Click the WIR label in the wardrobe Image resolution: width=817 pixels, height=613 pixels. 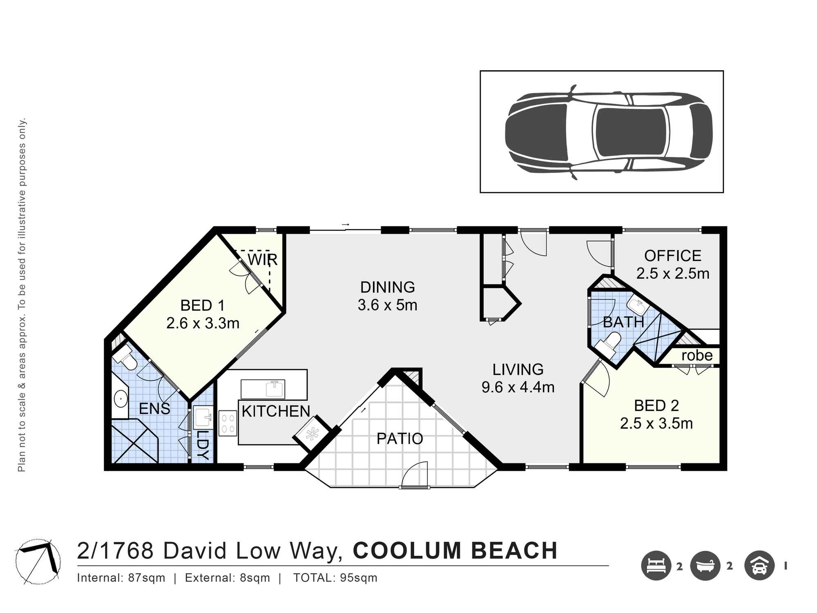262,260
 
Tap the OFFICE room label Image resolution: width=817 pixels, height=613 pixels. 672,256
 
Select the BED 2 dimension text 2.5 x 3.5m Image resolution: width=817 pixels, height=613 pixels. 656,423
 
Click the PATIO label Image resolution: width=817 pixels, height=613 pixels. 400,438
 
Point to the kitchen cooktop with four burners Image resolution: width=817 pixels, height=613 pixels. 228,423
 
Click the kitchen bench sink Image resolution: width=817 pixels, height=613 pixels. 275,389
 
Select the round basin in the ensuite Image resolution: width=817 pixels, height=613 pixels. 121,399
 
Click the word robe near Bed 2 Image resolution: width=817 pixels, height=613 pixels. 697,356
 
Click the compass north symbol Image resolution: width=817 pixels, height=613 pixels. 38,561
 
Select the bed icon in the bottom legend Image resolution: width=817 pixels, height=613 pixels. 656,566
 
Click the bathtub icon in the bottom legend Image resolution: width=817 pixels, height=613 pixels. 705,566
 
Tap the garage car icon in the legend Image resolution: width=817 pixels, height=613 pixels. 759,566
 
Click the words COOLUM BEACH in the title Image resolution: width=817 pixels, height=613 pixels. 455,550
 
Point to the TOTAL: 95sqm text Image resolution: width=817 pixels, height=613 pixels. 335,578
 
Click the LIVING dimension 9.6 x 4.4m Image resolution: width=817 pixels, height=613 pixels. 518,387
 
